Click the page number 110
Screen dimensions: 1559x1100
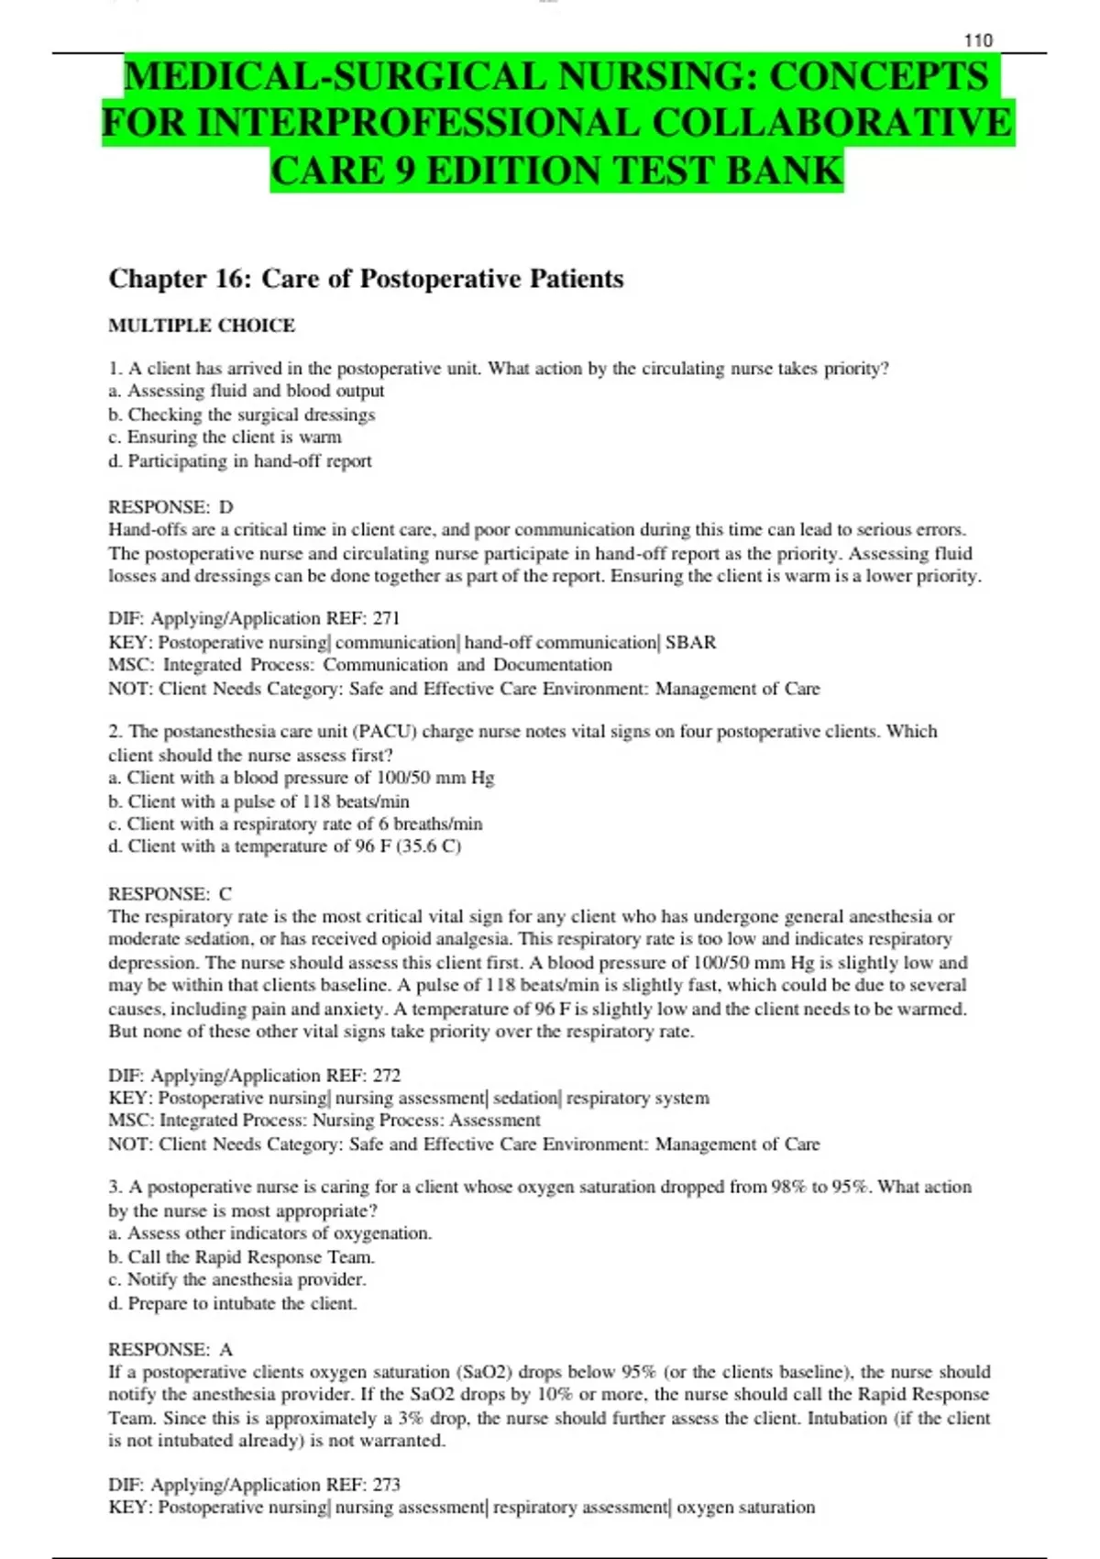[978, 40]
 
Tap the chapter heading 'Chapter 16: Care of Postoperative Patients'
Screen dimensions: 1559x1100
[366, 279]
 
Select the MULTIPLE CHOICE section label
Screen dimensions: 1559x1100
[202, 326]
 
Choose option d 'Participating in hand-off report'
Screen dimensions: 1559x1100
[240, 461]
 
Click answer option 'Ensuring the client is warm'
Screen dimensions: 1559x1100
[225, 437]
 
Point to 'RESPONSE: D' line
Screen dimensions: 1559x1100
[170, 507]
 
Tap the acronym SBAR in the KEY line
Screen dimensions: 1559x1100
[690, 642]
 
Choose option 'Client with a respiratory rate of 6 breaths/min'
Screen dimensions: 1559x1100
[295, 824]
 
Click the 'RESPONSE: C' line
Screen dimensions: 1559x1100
[170, 894]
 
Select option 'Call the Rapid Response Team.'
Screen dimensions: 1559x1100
[242, 1257]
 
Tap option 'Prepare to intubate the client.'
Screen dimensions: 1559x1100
[233, 1303]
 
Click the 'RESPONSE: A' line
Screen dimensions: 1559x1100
[170, 1350]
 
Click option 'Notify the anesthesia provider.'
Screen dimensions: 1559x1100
[237, 1280]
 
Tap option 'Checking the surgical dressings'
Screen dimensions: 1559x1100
[242, 415]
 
